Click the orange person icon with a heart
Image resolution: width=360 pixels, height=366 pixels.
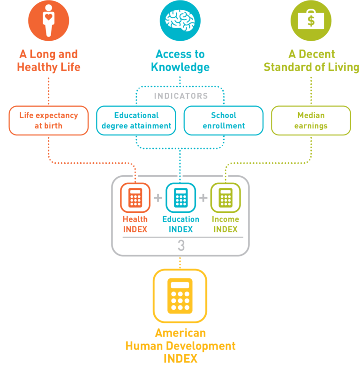[x=48, y=21]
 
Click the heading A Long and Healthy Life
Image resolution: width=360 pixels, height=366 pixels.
[x=48, y=61]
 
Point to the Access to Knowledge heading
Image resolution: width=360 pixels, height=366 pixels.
[x=180, y=61]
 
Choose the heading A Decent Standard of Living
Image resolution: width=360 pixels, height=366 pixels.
[x=311, y=61]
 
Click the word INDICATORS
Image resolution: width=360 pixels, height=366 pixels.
[x=180, y=96]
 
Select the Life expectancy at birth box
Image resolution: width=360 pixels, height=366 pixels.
[x=48, y=120]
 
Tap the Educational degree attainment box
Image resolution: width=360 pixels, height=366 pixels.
[x=136, y=120]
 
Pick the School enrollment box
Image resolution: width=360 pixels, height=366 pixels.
[x=224, y=120]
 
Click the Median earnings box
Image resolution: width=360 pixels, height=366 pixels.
[x=311, y=120]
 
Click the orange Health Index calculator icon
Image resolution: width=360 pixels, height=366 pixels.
[x=135, y=198]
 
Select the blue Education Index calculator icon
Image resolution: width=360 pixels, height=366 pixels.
[x=180, y=198]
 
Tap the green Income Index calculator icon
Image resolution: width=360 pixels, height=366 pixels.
[x=225, y=198]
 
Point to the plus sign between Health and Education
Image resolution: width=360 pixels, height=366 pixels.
[x=158, y=198]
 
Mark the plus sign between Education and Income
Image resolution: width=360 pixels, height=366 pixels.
[x=203, y=198]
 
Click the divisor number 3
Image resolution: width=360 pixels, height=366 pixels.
[x=181, y=246]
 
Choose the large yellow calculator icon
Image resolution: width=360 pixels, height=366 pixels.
[x=180, y=295]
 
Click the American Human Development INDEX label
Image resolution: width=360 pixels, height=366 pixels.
[x=180, y=346]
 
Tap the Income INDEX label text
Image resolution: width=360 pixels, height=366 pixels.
[x=225, y=224]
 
